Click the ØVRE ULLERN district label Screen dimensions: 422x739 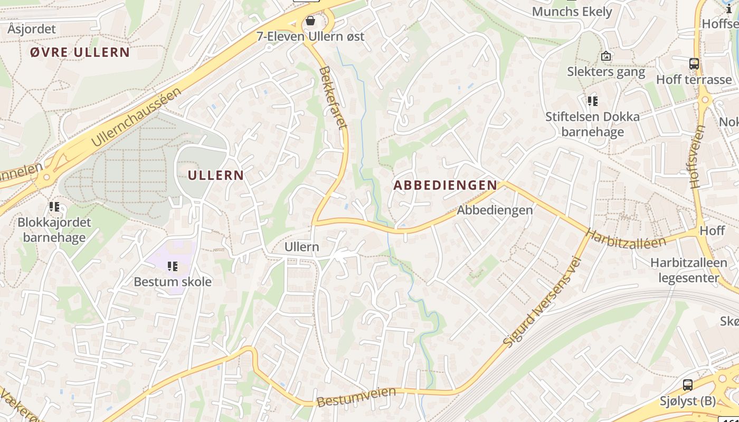(80, 52)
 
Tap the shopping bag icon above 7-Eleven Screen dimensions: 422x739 (310, 21)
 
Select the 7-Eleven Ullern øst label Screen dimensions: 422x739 (310, 36)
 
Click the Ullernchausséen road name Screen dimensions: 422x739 (136, 117)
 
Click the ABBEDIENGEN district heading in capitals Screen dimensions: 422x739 (445, 185)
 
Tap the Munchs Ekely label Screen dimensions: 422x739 (572, 12)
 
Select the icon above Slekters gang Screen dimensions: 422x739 (606, 55)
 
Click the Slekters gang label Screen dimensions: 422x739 (606, 71)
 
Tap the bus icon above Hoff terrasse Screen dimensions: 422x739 (694, 64)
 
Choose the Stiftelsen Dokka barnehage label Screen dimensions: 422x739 (592, 124)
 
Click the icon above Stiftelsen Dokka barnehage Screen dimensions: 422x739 (593, 101)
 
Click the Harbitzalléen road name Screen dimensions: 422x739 (626, 238)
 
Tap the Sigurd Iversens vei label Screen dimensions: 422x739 (542, 301)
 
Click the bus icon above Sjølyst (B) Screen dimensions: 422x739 (687, 385)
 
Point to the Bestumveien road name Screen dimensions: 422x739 (356, 396)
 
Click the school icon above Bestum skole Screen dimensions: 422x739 (172, 266)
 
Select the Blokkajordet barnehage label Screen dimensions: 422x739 (54, 229)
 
